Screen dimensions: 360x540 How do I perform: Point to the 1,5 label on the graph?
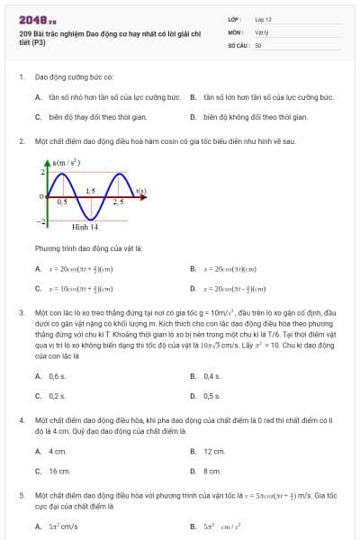[x=90, y=192]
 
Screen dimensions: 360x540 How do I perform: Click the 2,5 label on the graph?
[x=118, y=202]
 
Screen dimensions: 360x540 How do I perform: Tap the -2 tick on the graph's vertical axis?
[x=40, y=220]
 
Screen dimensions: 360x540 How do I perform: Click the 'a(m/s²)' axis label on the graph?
[x=64, y=161]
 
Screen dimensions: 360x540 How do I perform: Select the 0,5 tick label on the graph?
[x=62, y=202]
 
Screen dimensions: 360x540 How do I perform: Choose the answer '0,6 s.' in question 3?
[x=57, y=376]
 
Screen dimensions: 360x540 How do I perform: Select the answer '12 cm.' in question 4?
[x=213, y=451]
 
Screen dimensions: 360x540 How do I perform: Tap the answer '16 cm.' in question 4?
[x=58, y=471]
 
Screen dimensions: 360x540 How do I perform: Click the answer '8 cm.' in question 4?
[x=211, y=471]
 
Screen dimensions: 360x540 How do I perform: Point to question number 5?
[x=21, y=495]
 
